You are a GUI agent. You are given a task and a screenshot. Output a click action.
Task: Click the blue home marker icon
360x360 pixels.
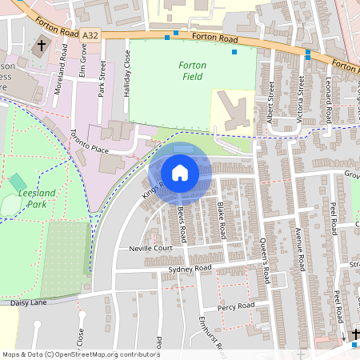point(180,173)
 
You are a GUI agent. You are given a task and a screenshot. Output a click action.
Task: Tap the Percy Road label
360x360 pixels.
point(235,306)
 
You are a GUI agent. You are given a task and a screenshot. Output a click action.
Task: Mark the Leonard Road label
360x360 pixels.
point(327,100)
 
